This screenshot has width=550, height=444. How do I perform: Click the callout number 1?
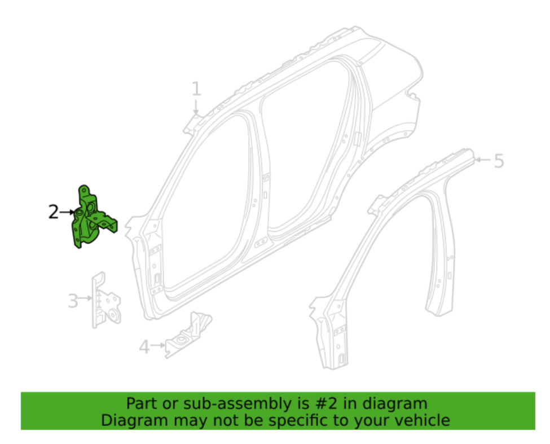click(x=196, y=89)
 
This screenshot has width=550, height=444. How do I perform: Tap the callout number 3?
click(x=73, y=300)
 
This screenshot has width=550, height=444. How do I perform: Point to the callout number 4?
click(x=144, y=346)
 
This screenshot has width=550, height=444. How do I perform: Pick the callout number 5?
click(x=498, y=161)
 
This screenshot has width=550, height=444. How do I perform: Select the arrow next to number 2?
click(x=68, y=213)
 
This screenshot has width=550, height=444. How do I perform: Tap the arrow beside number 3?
click(x=85, y=298)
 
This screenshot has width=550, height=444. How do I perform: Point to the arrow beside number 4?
click(x=158, y=345)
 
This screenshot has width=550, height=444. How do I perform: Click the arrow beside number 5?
click(x=482, y=161)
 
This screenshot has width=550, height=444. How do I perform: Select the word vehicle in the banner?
click(x=420, y=421)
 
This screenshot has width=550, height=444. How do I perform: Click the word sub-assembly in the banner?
click(x=217, y=404)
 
